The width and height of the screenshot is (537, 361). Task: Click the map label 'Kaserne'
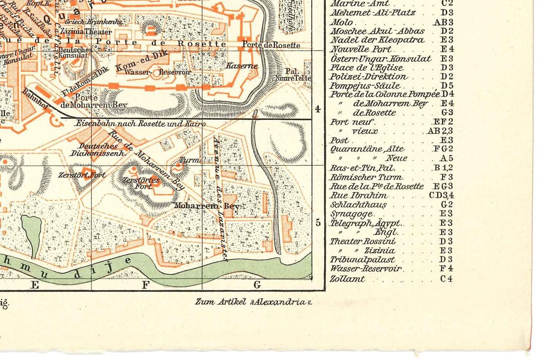pyautogui.click(x=242, y=66)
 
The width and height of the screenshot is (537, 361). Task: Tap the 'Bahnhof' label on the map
pyautogui.click(x=36, y=98)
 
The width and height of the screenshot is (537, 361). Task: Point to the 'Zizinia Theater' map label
pyautogui.click(x=86, y=31)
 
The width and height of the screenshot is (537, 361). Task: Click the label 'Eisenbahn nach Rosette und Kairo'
pyautogui.click(x=140, y=123)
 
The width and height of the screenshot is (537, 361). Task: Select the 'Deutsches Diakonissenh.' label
pyautogui.click(x=98, y=149)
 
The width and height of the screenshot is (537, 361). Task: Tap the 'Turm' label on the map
pyautogui.click(x=189, y=160)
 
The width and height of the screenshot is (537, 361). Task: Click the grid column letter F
pyautogui.click(x=145, y=285)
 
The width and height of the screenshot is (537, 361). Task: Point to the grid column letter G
pyautogui.click(x=257, y=285)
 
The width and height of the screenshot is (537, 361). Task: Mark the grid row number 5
pyautogui.click(x=318, y=223)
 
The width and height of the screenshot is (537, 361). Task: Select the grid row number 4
pyautogui.click(x=318, y=109)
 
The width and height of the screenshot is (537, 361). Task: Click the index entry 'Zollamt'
pyautogui.click(x=347, y=279)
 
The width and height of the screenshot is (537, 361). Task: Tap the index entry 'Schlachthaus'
pyautogui.click(x=358, y=204)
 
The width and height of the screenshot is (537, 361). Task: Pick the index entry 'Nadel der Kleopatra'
pyautogui.click(x=377, y=40)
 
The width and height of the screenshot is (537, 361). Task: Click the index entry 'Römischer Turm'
pyautogui.click(x=366, y=177)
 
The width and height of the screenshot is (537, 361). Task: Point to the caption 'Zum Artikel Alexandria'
pyautogui.click(x=253, y=302)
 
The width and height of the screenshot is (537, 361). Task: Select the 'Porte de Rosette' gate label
pyautogui.click(x=271, y=45)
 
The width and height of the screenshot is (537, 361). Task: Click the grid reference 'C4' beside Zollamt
pyautogui.click(x=447, y=279)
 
